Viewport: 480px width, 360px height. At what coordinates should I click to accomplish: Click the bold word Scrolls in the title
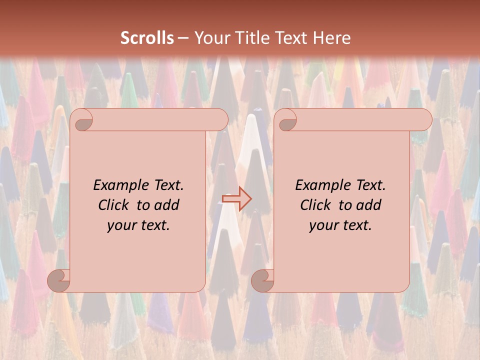tap(147, 38)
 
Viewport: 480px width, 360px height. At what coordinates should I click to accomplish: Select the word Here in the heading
tap(332, 38)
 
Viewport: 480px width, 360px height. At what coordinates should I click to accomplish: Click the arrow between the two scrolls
tap(237, 198)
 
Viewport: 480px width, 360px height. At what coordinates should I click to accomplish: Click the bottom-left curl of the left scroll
tap(59, 280)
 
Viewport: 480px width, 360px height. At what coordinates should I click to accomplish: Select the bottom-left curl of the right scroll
tap(263, 280)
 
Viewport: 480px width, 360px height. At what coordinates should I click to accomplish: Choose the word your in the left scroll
tap(121, 225)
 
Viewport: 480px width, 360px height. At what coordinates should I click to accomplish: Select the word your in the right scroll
tap(323, 225)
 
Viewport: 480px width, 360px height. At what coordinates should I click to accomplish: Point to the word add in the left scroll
tap(167, 205)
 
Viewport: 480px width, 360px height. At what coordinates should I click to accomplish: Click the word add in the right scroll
tap(369, 205)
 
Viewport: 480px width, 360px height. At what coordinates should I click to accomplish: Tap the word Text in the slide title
tap(291, 38)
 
